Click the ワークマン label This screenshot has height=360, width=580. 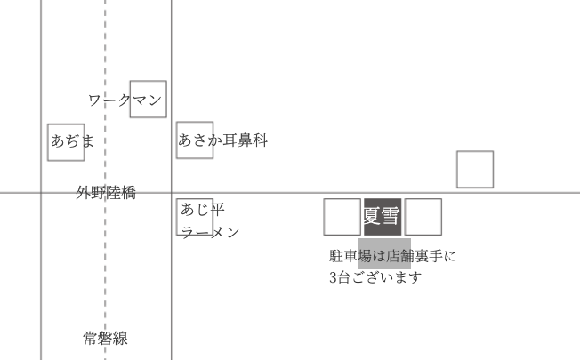125,100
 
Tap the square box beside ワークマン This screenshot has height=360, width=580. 148,100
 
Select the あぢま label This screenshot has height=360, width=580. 72,140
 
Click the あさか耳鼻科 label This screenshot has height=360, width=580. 222,140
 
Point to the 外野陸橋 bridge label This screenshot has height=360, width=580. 106,192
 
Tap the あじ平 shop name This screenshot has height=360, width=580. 203,210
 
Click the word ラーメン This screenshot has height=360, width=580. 211,232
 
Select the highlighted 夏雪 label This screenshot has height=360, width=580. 382,216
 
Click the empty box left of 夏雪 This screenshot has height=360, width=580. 342,217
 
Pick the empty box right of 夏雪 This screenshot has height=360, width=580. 423,217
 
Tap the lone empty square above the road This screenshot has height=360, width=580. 475,170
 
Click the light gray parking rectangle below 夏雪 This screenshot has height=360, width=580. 384,253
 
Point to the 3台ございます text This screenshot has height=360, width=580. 375,277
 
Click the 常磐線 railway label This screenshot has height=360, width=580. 105,339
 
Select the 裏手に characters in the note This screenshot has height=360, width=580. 436,256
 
